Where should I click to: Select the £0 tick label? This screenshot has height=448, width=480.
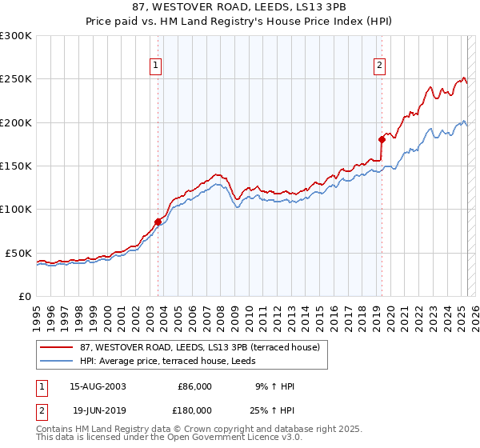[25, 296]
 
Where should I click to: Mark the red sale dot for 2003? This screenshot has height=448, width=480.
[158, 221]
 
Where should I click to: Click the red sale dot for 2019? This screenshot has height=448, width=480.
[382, 139]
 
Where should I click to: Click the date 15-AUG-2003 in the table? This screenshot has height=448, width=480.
[98, 386]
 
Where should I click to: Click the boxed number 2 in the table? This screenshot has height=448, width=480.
[41, 410]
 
